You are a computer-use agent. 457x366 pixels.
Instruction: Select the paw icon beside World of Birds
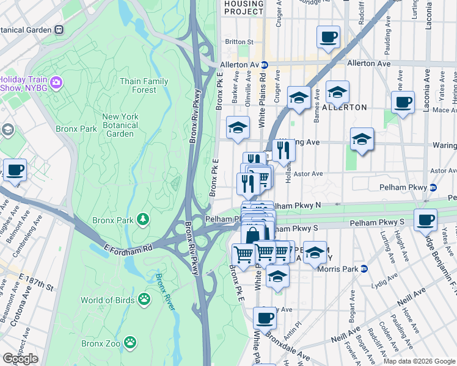pyautogui.click(x=144, y=299)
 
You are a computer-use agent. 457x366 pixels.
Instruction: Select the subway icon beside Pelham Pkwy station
pyautogui.click(x=433, y=187)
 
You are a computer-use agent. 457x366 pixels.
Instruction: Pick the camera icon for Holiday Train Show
pyautogui.click(x=57, y=82)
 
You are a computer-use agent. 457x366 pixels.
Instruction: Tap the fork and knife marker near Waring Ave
pyautogui.click(x=283, y=149)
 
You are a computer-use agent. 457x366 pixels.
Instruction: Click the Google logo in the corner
pyautogui.click(x=20, y=359)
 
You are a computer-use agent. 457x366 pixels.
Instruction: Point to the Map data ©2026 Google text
pyautogui.click(x=419, y=361)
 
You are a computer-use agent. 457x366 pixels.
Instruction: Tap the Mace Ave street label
pyautogui.click(x=444, y=110)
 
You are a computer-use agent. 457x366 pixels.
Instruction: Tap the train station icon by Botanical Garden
pyautogui.click(x=59, y=29)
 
